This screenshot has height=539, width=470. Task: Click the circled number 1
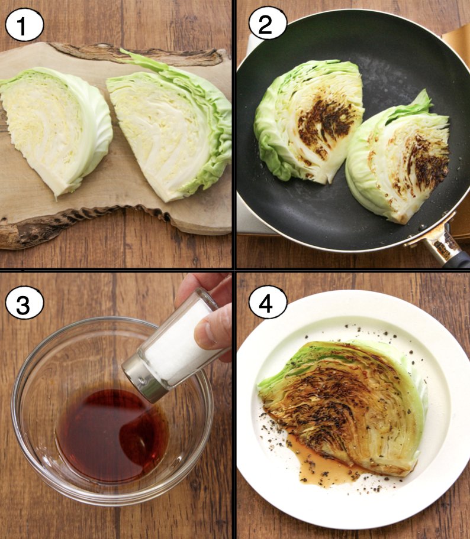(24, 25)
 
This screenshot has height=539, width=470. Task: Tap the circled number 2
(268, 23)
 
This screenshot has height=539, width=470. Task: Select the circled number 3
(24, 303)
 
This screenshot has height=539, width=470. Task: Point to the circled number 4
(268, 303)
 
